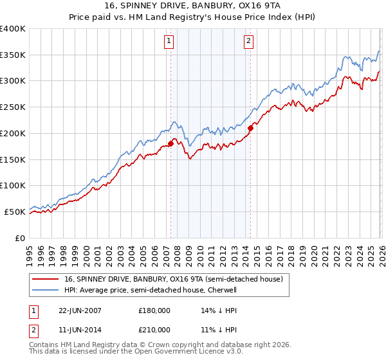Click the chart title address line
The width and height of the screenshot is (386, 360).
(193, 6)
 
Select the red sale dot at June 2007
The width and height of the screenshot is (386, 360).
(170, 143)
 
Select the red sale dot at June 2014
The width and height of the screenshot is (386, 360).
(250, 128)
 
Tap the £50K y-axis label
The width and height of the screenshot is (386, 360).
(15, 212)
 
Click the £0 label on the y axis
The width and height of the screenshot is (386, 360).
(19, 238)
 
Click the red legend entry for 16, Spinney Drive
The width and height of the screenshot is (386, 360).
(173, 279)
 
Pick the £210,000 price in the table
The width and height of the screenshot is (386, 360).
(154, 329)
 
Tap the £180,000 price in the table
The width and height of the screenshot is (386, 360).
(154, 310)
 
